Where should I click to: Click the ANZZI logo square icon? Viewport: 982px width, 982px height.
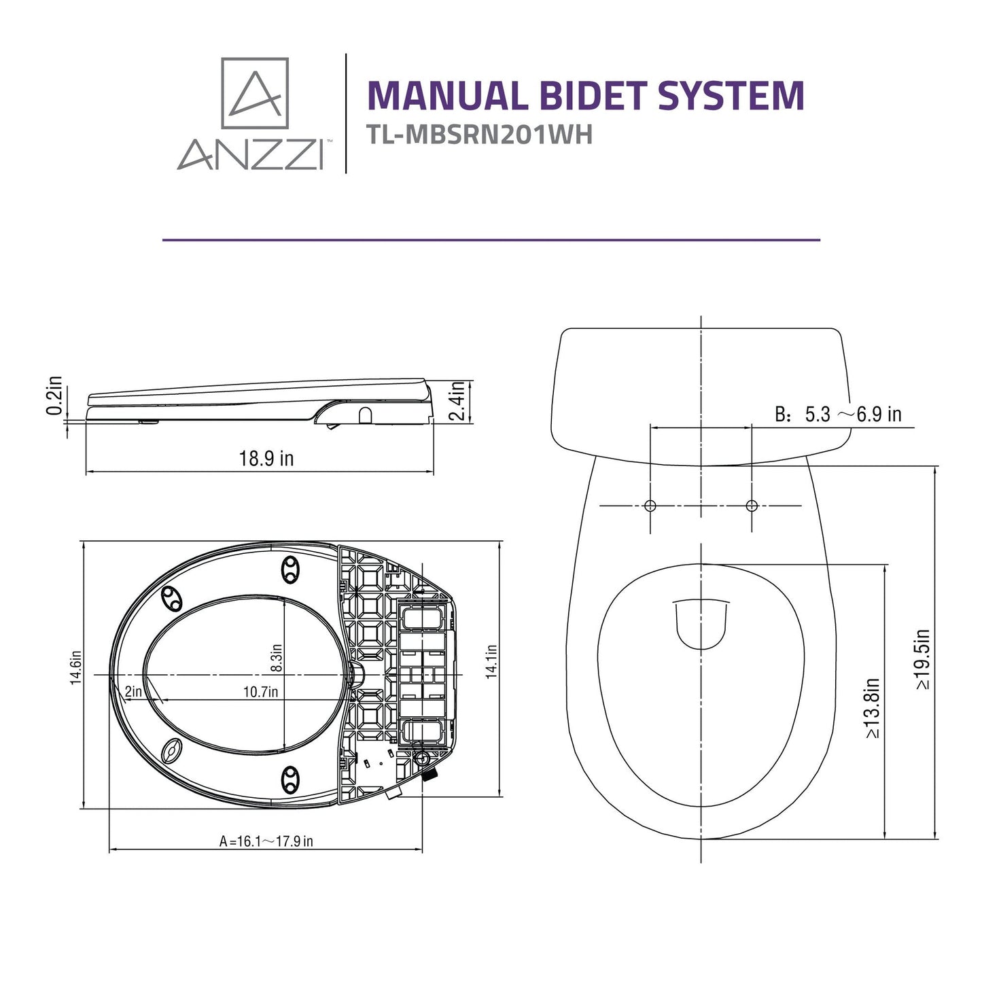pyautogui.click(x=255, y=92)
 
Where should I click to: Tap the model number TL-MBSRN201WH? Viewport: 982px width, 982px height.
pyautogui.click(x=480, y=135)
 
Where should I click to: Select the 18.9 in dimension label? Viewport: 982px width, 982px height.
pyautogui.click(x=266, y=459)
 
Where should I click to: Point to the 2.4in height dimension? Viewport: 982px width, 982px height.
pyautogui.click(x=458, y=401)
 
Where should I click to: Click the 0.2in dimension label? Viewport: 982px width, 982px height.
pyautogui.click(x=55, y=396)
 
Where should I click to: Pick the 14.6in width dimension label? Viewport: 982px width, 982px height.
pyautogui.click(x=75, y=667)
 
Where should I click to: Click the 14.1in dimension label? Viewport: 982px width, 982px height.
pyautogui.click(x=491, y=661)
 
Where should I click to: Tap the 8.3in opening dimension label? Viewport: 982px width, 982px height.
pyautogui.click(x=277, y=658)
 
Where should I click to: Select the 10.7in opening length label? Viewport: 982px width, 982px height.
pyautogui.click(x=261, y=692)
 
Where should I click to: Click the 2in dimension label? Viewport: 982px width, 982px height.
pyautogui.click(x=133, y=692)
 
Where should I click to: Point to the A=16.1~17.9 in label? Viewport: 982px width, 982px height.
pyautogui.click(x=266, y=841)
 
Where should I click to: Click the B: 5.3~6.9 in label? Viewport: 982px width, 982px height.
pyautogui.click(x=838, y=415)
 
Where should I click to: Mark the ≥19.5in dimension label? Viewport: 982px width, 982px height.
pyautogui.click(x=922, y=659)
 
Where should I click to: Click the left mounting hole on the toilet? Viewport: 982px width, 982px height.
pyautogui.click(x=650, y=506)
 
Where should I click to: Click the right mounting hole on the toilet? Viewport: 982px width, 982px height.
pyautogui.click(x=752, y=506)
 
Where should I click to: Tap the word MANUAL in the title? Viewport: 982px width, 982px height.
pyautogui.click(x=446, y=96)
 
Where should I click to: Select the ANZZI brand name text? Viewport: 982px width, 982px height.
pyautogui.click(x=250, y=155)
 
